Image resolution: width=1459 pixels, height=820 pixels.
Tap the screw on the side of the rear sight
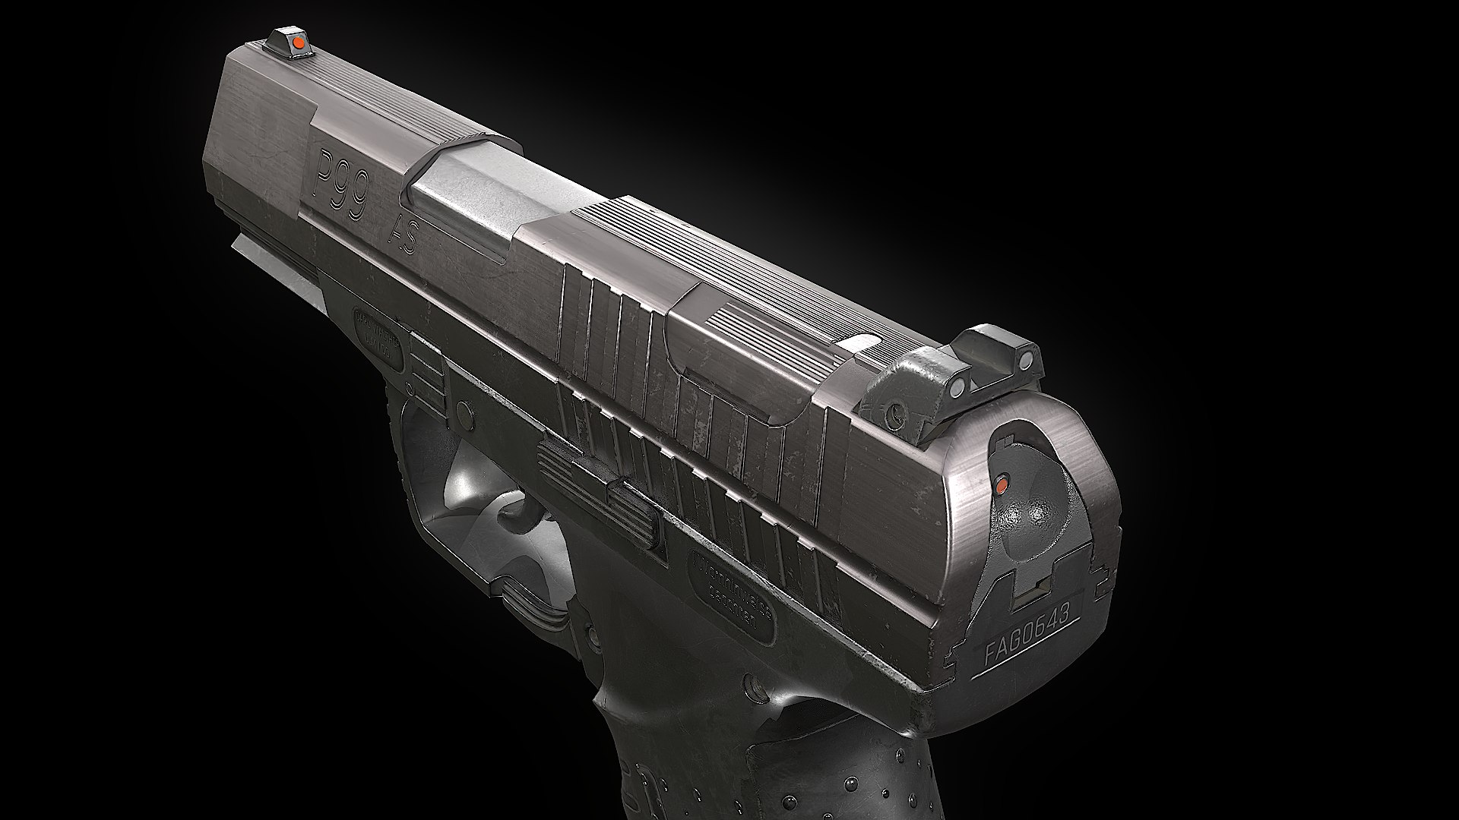click(x=897, y=414)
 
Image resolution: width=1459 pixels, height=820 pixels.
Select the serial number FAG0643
click(x=1031, y=629)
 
